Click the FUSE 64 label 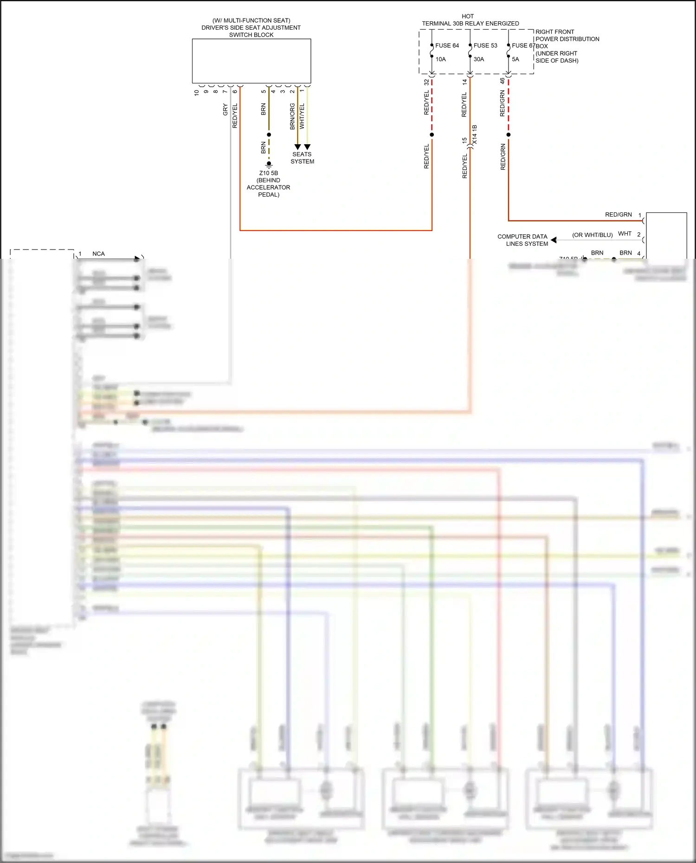coord(447,45)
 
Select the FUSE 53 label coord(485,45)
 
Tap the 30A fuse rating coord(479,59)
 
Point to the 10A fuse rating coord(440,59)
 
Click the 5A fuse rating coord(516,59)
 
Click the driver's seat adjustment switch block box coord(251,61)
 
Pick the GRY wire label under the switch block coord(225,110)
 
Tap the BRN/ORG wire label coord(292,116)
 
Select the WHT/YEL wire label coord(302,116)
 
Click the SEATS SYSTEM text coord(302,158)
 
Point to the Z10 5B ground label coord(269,173)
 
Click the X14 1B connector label coord(474,134)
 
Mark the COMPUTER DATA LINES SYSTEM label coord(522,240)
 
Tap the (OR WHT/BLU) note coord(592,235)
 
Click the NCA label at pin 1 coord(98,254)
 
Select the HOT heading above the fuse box coord(468,16)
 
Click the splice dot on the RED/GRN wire coord(509,135)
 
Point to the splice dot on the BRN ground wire coord(269,135)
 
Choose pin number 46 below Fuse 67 coord(502,81)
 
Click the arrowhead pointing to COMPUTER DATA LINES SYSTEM coord(554,240)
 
